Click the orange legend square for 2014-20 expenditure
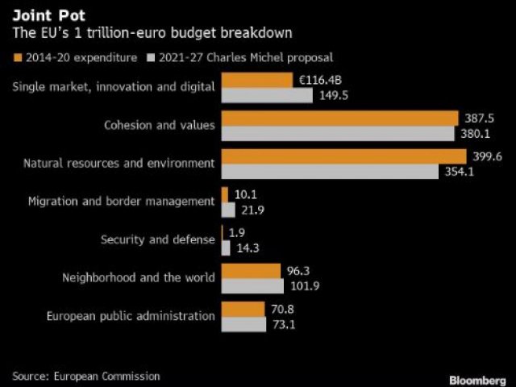pyautogui.click(x=19, y=58)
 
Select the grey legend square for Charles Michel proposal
pyautogui.click(x=152, y=58)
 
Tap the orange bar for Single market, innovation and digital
pyautogui.click(x=256, y=80)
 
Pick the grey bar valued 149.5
pyautogui.click(x=266, y=95)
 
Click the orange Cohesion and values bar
pyautogui.click(x=339, y=119)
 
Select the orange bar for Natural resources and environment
pyautogui.click(x=343, y=156)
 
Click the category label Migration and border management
pyautogui.click(x=121, y=201)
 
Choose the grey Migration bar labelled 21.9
pyautogui.click(x=228, y=210)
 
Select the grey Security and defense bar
pyautogui.click(x=226, y=248)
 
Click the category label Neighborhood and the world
pyautogui.click(x=139, y=277)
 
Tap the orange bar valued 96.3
pyautogui.click(x=250, y=271)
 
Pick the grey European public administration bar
pyautogui.click(x=243, y=324)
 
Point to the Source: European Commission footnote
pyautogui.click(x=86, y=376)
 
